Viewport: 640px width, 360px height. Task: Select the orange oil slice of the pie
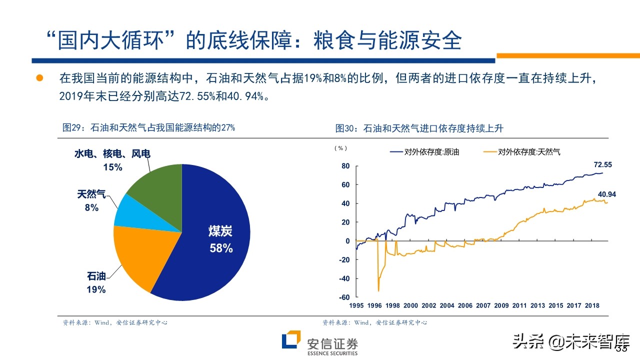point(137,255)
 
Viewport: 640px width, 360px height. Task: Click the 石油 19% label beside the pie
point(96,282)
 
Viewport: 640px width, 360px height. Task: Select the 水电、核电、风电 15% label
point(112,160)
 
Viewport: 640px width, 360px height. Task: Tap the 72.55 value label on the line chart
point(602,164)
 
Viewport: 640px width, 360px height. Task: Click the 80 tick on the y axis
point(345,166)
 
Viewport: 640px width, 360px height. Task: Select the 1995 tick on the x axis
point(356,306)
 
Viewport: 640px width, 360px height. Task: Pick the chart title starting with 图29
point(148,128)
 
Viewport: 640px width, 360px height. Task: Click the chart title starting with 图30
point(419,128)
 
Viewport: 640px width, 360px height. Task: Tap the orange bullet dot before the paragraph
point(39,78)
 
